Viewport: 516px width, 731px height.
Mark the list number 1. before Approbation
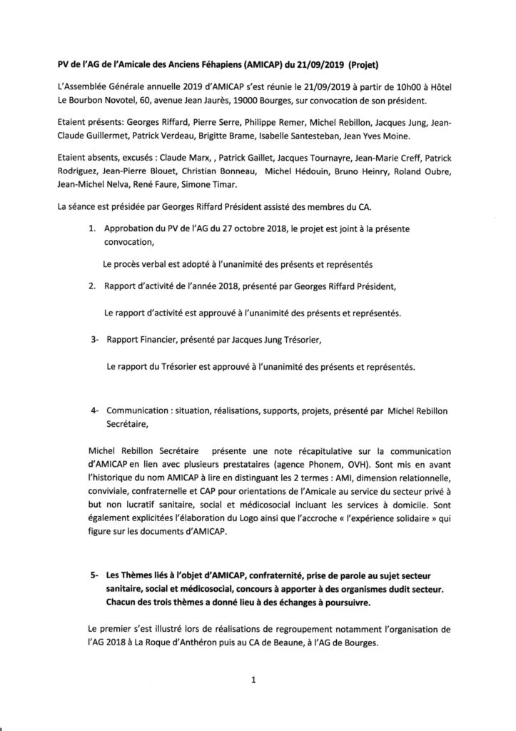[x=91, y=230]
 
